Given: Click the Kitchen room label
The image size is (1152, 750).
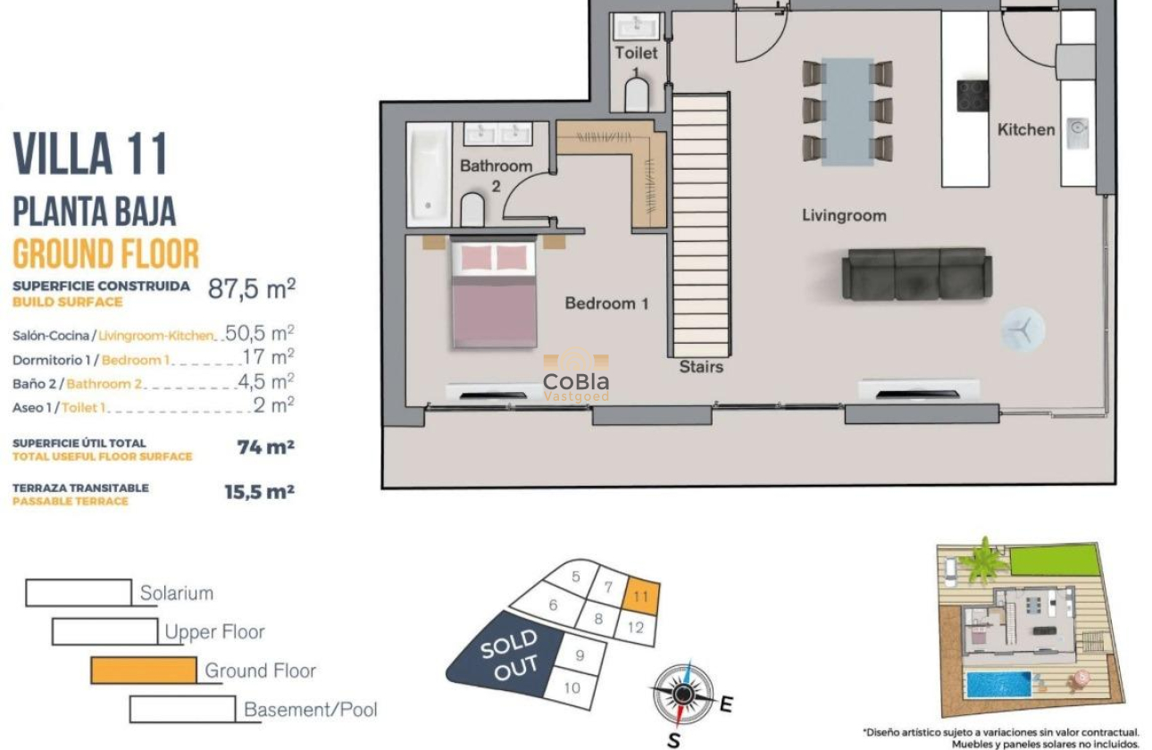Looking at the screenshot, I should [x=1025, y=129].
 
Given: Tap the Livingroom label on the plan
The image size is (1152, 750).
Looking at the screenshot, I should [x=843, y=215].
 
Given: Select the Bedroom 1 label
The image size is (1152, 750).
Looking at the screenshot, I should [x=606, y=304].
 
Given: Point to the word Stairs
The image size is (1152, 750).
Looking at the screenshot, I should [x=701, y=366].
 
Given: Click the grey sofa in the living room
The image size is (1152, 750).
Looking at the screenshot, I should [x=917, y=274].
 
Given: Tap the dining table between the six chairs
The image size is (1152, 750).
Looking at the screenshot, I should [x=847, y=111].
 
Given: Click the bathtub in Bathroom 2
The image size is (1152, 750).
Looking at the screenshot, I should [x=429, y=174].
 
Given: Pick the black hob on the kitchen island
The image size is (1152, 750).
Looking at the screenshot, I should [x=973, y=96].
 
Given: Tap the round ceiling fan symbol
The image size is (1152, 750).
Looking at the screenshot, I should [x=1022, y=330].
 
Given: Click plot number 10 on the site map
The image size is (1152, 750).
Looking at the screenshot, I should [x=572, y=687].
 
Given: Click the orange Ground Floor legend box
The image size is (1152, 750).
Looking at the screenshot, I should [x=143, y=671].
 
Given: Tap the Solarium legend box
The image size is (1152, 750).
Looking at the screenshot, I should [x=79, y=593].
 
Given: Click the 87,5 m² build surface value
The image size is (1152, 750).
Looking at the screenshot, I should [x=251, y=289].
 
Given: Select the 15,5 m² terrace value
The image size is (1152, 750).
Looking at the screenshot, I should [x=259, y=491].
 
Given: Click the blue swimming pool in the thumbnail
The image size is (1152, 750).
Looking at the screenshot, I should [x=997, y=685].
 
